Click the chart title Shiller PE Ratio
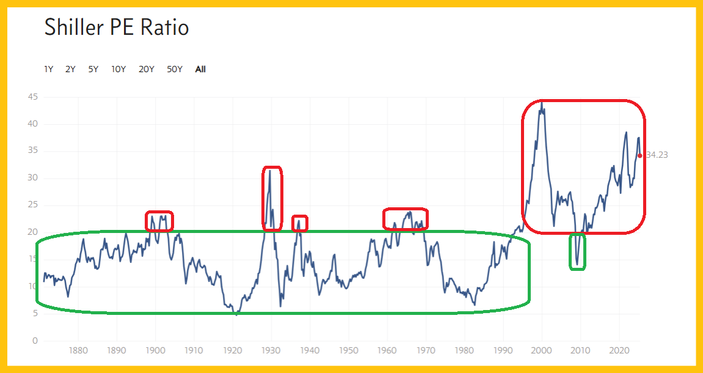(x=117, y=28)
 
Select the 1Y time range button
(x=49, y=69)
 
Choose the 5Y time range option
(x=93, y=69)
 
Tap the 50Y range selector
(x=175, y=69)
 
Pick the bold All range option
(x=200, y=69)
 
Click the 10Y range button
(x=118, y=69)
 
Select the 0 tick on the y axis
(x=35, y=341)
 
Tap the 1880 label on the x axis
(x=78, y=351)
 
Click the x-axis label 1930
(x=271, y=351)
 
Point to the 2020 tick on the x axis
(x=619, y=351)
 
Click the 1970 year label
(x=426, y=351)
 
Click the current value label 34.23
(x=657, y=155)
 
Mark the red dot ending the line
(x=639, y=155)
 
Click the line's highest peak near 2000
(x=541, y=103)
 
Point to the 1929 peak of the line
(x=269, y=171)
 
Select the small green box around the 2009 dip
(x=577, y=251)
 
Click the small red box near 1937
(x=299, y=223)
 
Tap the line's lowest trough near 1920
(x=236, y=314)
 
